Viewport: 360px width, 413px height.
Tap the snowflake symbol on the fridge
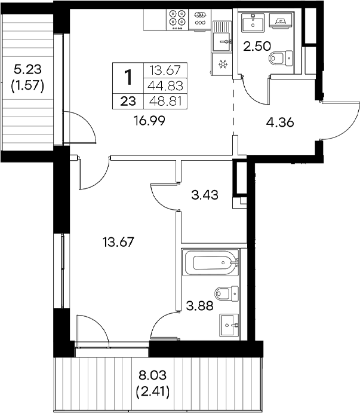pyautogui.click(x=221, y=64)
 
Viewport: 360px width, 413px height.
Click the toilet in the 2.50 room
pyautogui.click(x=280, y=58)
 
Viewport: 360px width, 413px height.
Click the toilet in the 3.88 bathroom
pyautogui.click(x=227, y=293)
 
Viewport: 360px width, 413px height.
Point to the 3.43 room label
pyautogui.click(x=205, y=194)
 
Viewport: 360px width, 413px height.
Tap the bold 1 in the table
pyautogui.click(x=128, y=77)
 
